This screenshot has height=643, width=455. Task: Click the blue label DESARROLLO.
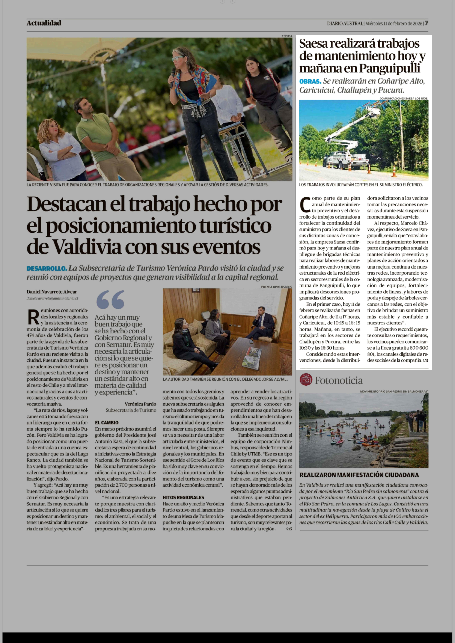(47, 268)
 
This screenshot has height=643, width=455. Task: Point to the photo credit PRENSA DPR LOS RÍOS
(276, 287)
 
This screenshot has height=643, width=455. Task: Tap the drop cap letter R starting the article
(33, 317)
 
